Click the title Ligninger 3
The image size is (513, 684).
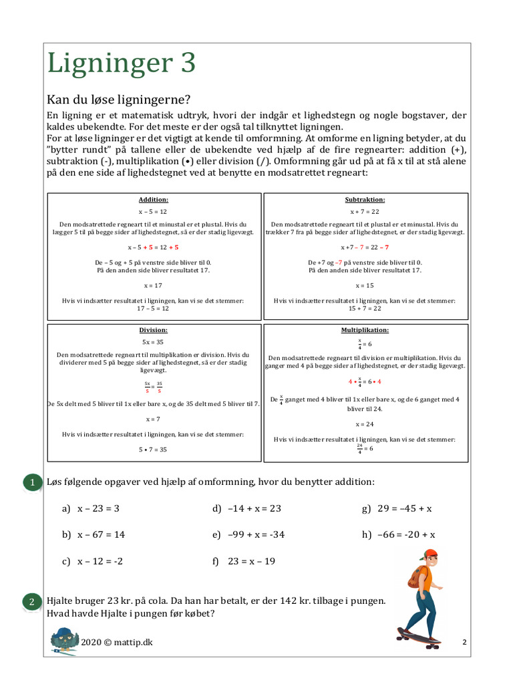(121, 64)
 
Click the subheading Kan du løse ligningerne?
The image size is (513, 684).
(118, 100)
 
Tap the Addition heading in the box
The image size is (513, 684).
(154, 200)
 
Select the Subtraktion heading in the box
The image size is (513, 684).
(365, 200)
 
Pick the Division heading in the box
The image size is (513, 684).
(154, 330)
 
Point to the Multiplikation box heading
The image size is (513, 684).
(365, 330)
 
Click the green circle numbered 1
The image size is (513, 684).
(31, 482)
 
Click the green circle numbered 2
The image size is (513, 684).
(31, 602)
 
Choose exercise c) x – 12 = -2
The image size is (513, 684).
(93, 562)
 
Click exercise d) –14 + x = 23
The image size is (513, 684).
(247, 509)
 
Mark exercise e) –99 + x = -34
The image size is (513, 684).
(249, 535)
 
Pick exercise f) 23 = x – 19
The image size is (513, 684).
(244, 562)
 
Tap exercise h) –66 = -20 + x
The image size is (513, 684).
(399, 535)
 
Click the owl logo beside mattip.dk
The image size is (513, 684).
(64, 641)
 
